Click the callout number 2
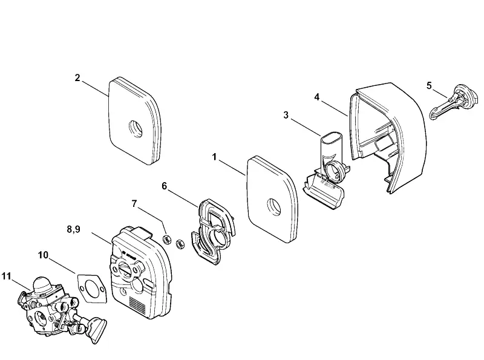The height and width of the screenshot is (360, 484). tap(77, 78)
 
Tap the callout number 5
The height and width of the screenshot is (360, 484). tap(429, 85)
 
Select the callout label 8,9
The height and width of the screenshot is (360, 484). tap(73, 229)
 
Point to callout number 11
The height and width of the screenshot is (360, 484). tap(6, 276)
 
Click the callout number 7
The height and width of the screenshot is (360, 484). tap(134, 204)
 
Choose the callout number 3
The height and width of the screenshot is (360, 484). tap(286, 115)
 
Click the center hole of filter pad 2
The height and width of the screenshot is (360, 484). tap(136, 128)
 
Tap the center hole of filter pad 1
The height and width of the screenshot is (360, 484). tap(274, 206)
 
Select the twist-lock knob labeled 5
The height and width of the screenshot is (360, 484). tap(454, 101)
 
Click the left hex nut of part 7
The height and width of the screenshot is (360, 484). tap(167, 239)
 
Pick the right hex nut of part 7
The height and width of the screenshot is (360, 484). tap(180, 244)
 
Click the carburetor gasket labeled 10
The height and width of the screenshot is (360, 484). tap(92, 288)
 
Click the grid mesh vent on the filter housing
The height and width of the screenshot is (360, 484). tap(137, 304)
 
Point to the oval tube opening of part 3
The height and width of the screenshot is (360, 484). tap(331, 138)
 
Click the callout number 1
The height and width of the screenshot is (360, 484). tap(215, 157)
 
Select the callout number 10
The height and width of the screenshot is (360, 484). tap(43, 255)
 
